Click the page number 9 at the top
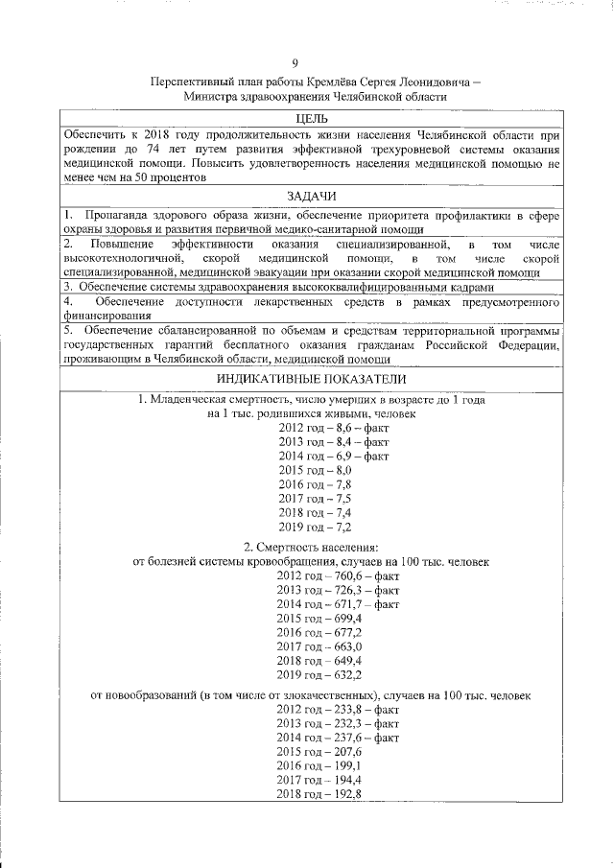pos(308,64)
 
